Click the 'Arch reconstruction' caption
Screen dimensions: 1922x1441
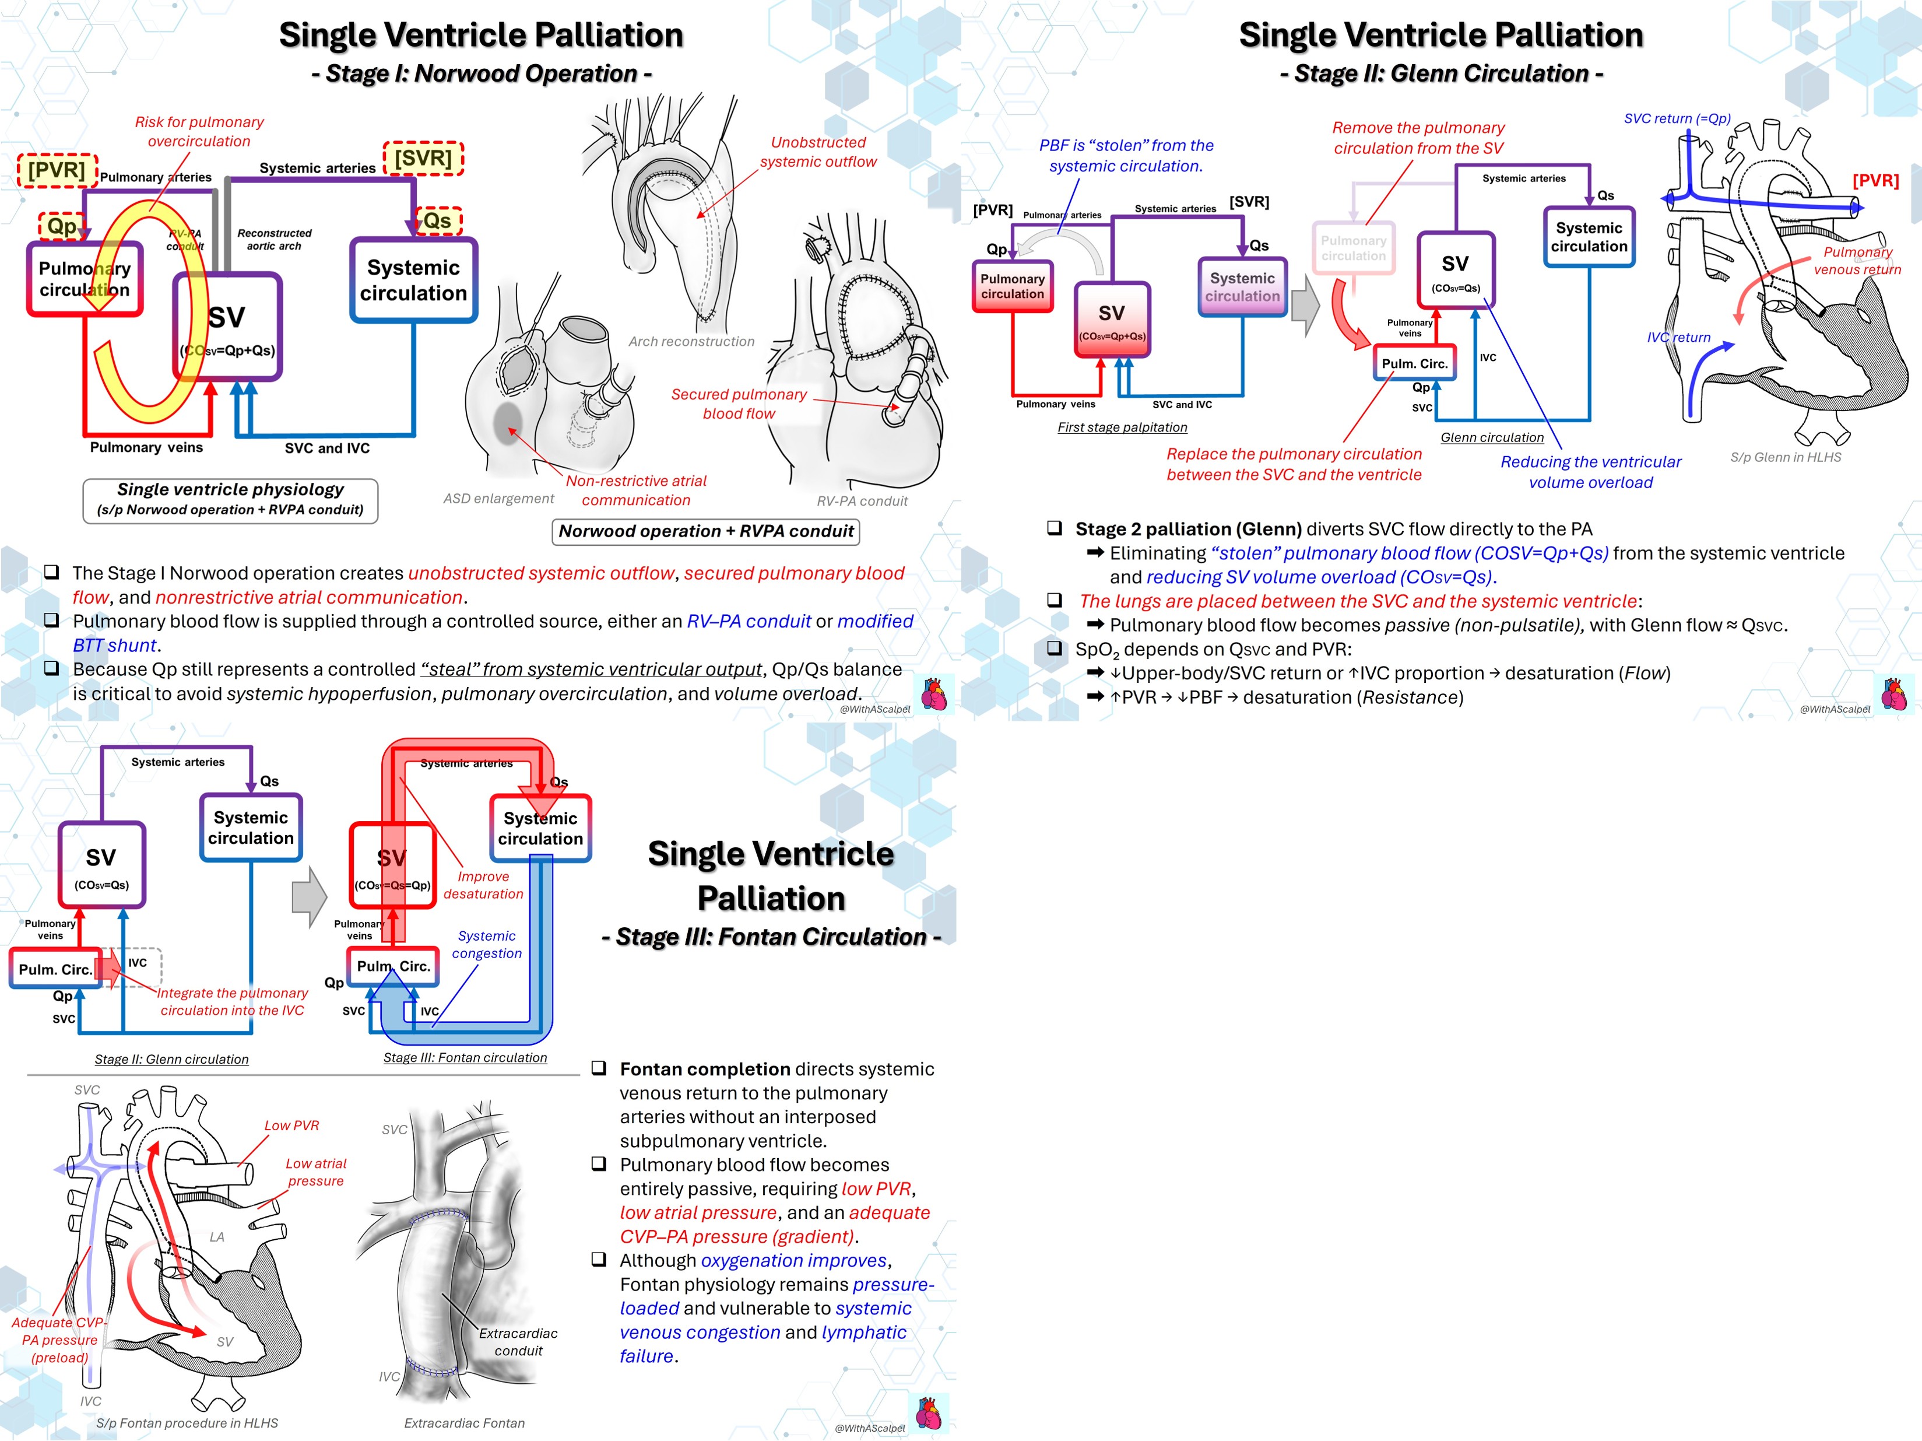pyautogui.click(x=691, y=342)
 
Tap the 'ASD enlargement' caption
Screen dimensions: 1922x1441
pyautogui.click(x=499, y=498)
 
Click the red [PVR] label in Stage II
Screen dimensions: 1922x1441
pyautogui.click(x=1875, y=181)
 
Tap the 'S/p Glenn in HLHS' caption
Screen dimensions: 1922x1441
pyautogui.click(x=1786, y=457)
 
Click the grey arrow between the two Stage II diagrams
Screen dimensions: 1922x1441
pyautogui.click(x=1305, y=305)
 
